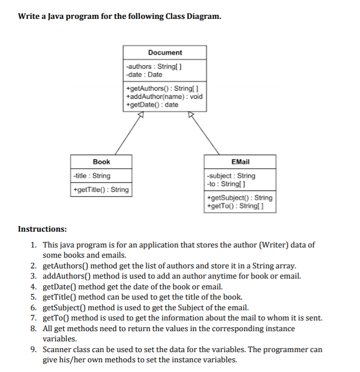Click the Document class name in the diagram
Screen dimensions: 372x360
[x=165, y=53]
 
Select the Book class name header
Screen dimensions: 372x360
[x=101, y=162]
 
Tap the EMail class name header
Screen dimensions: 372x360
[x=240, y=162]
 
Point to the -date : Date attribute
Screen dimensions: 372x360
[x=144, y=75]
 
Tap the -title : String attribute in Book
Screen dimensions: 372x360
[x=92, y=176]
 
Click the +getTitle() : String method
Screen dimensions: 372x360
[x=101, y=190]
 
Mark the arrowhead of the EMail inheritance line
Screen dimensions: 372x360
[x=190, y=115]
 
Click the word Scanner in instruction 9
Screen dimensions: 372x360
[x=57, y=350]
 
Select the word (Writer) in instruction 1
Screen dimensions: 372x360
[x=277, y=244]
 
